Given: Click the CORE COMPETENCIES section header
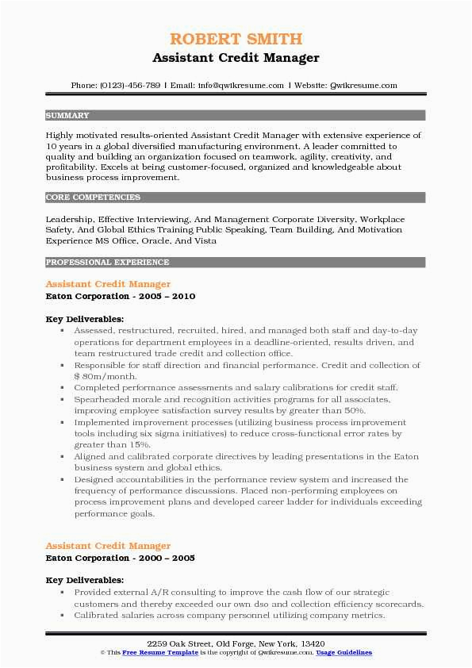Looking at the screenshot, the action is (93, 197).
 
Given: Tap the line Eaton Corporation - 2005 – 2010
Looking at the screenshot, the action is (120, 296).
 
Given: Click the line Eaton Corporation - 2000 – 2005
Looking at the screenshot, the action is (120, 558).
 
